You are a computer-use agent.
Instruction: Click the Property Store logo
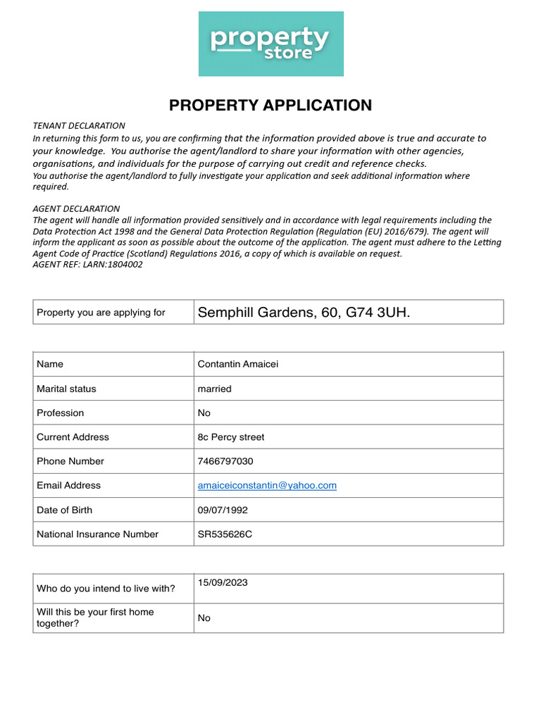pos(270,44)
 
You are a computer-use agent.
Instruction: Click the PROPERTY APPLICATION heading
pos(270,106)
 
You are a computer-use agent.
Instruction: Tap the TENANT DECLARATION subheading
pos(79,125)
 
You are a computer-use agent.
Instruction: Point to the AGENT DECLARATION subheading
pos(76,208)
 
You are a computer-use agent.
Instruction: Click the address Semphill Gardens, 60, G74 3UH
pos(304,312)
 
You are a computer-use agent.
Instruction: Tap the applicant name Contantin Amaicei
pos(239,364)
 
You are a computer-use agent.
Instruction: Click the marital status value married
pos(214,389)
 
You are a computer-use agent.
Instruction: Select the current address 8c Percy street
pos(231,437)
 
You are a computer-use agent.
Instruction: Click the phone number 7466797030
pos(225,461)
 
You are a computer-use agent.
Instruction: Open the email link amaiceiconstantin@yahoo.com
pos(267,485)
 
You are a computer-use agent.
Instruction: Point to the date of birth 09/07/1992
pos(223,510)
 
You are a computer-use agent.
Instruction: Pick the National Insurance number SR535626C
pos(225,534)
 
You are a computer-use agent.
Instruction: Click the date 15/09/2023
pos(223,582)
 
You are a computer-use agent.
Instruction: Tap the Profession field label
pos(60,413)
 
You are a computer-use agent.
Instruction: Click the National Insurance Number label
pos(97,534)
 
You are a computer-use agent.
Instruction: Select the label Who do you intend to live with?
pos(106,589)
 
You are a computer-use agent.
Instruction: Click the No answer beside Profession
pos(204,413)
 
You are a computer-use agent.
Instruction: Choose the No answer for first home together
pos(204,618)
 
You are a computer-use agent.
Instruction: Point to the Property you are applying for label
pos(101,312)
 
